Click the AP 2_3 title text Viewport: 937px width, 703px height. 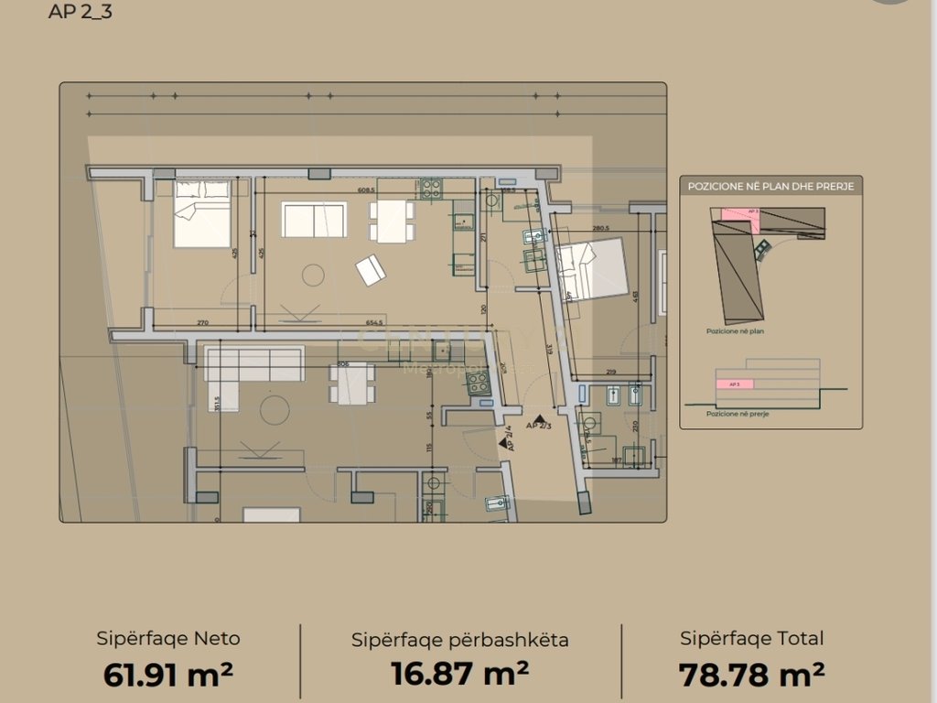[81, 13]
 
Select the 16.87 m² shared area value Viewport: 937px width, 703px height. [460, 675]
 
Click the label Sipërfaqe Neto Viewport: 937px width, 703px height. [168, 639]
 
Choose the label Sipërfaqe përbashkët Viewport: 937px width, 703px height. [460, 640]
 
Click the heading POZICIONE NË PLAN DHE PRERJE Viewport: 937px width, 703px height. [770, 186]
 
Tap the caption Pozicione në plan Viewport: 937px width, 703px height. [735, 332]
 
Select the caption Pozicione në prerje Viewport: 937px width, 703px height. [738, 414]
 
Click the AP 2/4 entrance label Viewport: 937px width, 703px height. [509, 439]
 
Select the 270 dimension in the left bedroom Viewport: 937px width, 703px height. [203, 322]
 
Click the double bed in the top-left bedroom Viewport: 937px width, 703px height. [202, 213]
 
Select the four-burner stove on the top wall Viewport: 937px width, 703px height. [431, 189]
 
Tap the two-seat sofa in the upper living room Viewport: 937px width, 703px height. [314, 220]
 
